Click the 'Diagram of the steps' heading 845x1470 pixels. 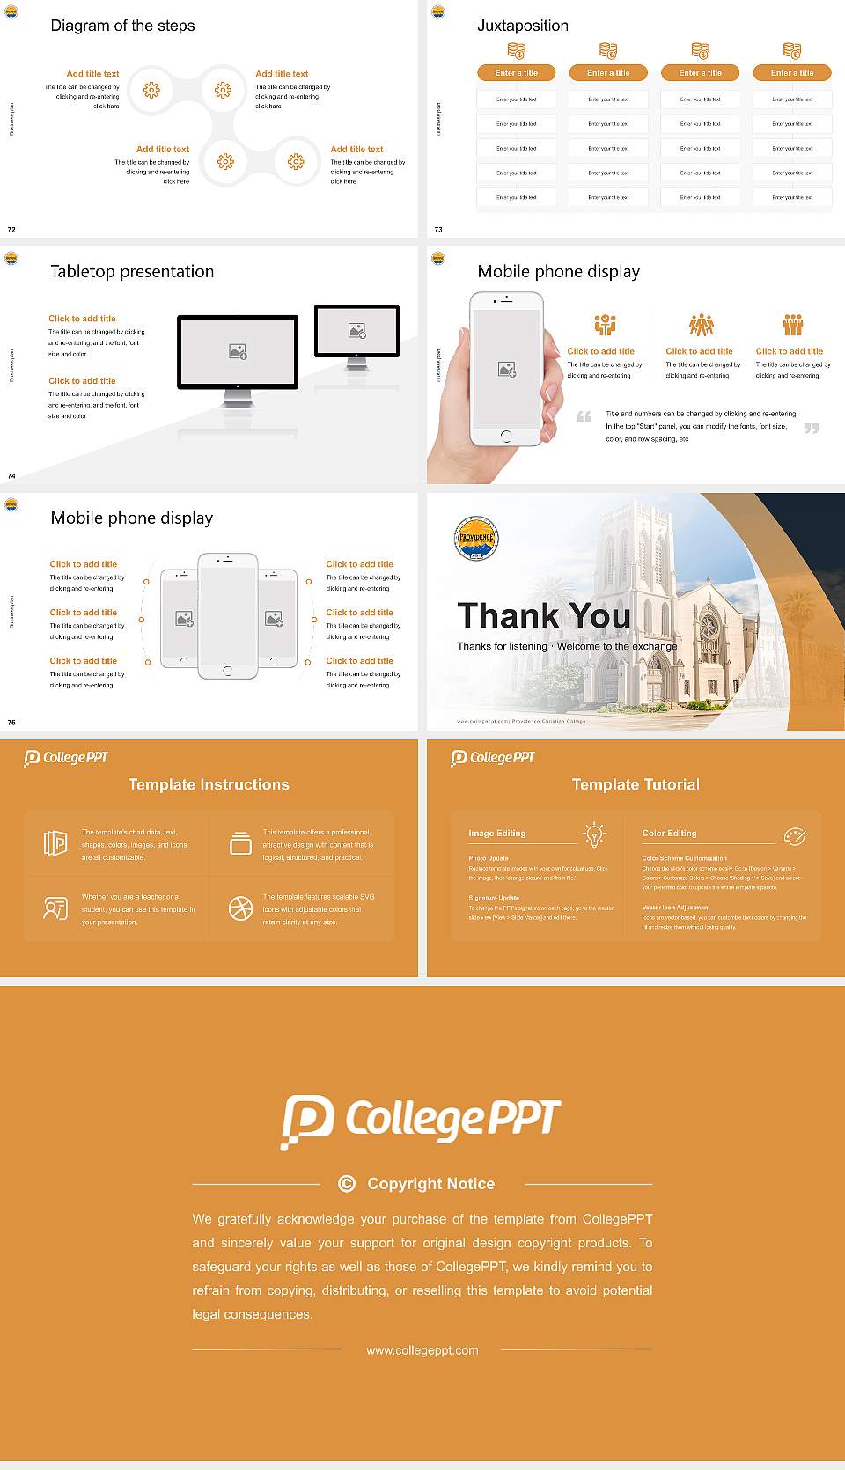point(122,26)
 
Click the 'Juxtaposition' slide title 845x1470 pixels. point(522,26)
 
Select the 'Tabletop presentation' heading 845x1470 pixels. point(132,271)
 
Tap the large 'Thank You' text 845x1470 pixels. point(543,616)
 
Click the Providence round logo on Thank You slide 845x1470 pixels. point(476,539)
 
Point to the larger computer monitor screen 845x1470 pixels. point(238,351)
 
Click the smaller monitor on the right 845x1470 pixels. point(356,331)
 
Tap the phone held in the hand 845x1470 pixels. point(505,368)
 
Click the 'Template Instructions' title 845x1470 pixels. point(209,784)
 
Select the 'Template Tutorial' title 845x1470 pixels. point(636,784)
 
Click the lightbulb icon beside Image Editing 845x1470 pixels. point(595,834)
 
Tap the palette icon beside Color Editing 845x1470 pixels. point(795,835)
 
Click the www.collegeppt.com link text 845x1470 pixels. point(422,1350)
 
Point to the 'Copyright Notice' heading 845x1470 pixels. point(430,1184)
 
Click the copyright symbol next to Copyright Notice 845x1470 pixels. point(347,1184)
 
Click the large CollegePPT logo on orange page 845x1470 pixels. point(421,1121)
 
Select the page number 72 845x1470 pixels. point(11,230)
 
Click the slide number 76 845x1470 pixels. point(11,723)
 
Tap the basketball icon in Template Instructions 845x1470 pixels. point(240,908)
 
